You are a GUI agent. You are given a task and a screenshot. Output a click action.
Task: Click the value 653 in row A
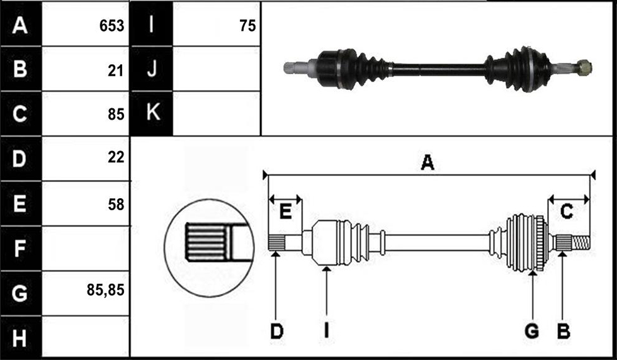[112, 26]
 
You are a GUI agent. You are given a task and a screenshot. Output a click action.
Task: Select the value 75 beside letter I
[247, 26]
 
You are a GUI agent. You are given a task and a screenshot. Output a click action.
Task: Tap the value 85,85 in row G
[106, 290]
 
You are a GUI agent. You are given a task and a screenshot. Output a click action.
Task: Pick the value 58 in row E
[116, 205]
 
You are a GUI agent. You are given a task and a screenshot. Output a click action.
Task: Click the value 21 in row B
[116, 71]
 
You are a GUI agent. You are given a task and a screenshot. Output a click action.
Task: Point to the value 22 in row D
[116, 157]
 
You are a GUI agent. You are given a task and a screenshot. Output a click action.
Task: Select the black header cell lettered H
[20, 337]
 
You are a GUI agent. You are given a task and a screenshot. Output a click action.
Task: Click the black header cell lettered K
[152, 113]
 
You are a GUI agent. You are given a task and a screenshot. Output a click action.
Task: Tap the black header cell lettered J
[152, 69]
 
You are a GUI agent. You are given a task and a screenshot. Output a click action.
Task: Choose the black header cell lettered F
[20, 248]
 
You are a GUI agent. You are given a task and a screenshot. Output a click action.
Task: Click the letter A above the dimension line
[427, 162]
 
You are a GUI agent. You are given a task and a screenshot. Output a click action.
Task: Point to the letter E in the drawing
[285, 211]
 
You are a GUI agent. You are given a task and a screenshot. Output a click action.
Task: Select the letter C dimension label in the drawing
[566, 211]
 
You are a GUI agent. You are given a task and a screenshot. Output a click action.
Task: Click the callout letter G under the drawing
[532, 331]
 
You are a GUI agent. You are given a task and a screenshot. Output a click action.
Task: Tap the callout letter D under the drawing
[276, 331]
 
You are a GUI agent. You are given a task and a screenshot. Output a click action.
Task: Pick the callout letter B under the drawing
[563, 331]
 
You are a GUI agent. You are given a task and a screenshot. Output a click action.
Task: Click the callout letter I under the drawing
[326, 331]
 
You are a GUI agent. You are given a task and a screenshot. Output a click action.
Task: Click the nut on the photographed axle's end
[584, 68]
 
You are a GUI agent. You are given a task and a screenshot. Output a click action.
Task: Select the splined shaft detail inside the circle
[218, 242]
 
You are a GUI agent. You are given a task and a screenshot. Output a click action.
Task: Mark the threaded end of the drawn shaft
[580, 243]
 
